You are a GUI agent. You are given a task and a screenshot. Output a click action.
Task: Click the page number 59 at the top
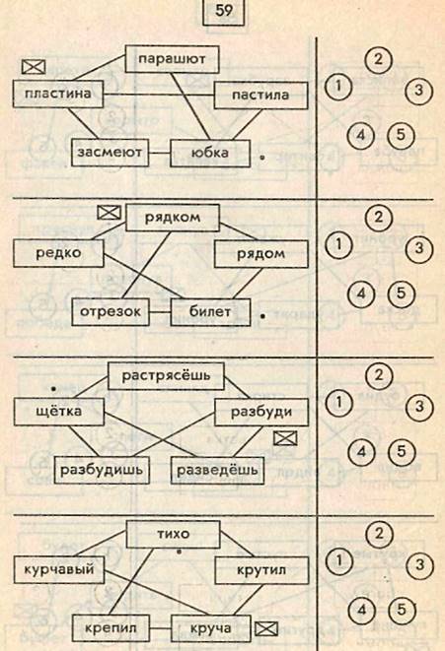[224, 11]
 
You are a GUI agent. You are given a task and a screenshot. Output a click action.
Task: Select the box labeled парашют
[172, 59]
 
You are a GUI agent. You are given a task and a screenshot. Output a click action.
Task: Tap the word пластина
[58, 93]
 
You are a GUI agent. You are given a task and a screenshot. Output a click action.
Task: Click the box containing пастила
[261, 96]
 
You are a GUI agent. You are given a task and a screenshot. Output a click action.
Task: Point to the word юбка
[210, 153]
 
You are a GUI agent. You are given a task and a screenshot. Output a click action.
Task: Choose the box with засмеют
[111, 153]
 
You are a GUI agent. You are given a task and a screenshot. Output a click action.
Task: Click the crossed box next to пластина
[34, 66]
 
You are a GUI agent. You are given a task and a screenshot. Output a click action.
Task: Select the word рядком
[172, 217]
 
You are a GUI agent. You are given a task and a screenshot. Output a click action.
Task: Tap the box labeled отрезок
[111, 312]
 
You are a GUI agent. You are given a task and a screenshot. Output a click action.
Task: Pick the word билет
[210, 311]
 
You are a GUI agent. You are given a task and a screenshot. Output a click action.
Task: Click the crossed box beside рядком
[109, 213]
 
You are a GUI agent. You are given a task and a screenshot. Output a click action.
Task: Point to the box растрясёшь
[166, 376]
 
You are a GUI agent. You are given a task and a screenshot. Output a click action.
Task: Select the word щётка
[58, 412]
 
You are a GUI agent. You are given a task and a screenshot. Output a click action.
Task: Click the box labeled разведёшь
[217, 471]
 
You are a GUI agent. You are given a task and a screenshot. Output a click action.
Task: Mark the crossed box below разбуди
[285, 438]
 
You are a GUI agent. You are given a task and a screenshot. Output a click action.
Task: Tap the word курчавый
[58, 569]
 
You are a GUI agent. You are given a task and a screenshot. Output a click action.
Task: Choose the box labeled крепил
[111, 627]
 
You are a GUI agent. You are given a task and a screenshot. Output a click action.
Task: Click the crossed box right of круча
[266, 628]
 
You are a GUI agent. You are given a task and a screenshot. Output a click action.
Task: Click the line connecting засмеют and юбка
[160, 153]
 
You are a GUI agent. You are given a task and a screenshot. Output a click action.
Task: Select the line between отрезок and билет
[160, 312]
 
